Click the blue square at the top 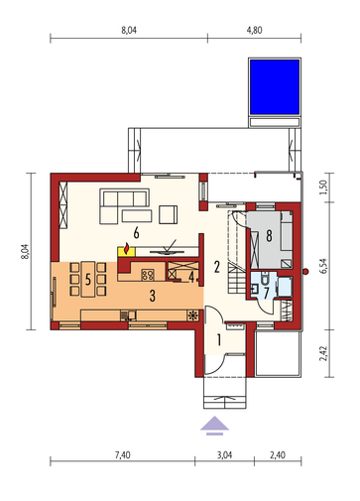point(275,86)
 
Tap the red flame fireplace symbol point(126,249)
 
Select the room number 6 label point(136,233)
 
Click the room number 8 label point(270,236)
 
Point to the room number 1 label point(218,339)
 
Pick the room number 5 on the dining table point(88,280)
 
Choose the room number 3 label point(153,296)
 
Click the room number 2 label point(217,267)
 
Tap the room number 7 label point(267,293)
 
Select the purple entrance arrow point(214,425)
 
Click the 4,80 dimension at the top point(254,30)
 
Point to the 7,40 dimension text point(123,455)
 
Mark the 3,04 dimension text point(224,455)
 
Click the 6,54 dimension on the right point(323,266)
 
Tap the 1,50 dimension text point(323,188)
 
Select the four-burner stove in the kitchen point(148,275)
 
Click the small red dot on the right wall point(305,272)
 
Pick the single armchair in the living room point(168,214)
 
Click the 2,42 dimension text point(323,353)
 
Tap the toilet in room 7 point(265,279)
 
